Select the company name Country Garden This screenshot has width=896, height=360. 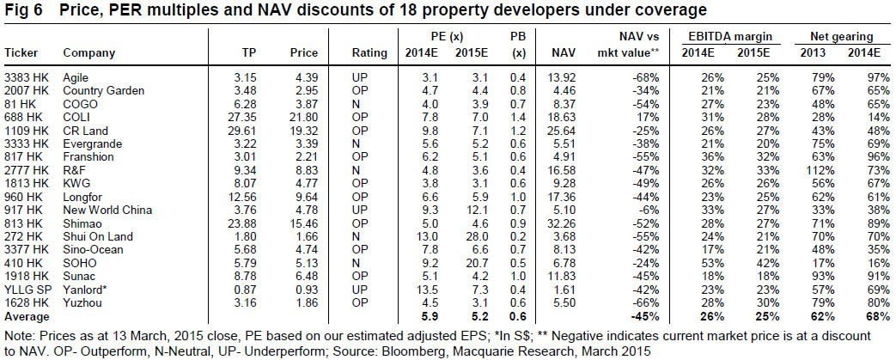click(97, 89)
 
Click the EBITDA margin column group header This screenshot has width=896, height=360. click(730, 37)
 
